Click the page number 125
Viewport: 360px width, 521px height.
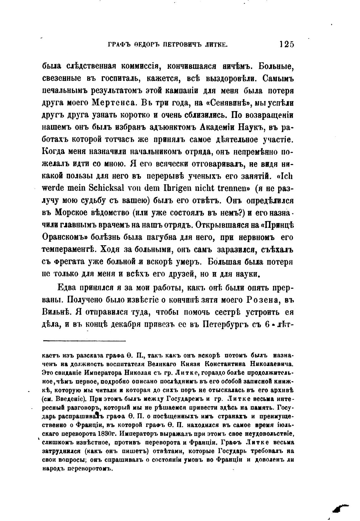point(286,44)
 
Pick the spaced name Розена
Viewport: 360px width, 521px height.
point(258,300)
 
